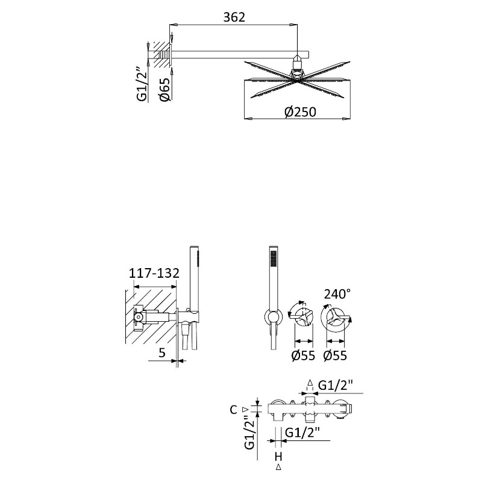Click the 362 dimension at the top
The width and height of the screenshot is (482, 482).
tap(234, 17)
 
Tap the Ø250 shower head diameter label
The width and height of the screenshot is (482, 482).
tap(300, 112)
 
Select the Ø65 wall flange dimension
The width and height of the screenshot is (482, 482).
tap(164, 89)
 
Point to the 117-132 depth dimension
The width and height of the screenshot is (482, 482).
tap(154, 273)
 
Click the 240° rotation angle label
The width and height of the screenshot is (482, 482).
tap(337, 294)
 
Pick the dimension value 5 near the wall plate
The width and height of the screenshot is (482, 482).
tap(162, 352)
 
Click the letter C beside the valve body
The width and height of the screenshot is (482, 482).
tap(234, 410)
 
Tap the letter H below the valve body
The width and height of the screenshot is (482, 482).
tap(278, 457)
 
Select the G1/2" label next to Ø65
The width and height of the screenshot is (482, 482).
tap(142, 84)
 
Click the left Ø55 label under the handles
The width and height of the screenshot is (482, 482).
tap(303, 355)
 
